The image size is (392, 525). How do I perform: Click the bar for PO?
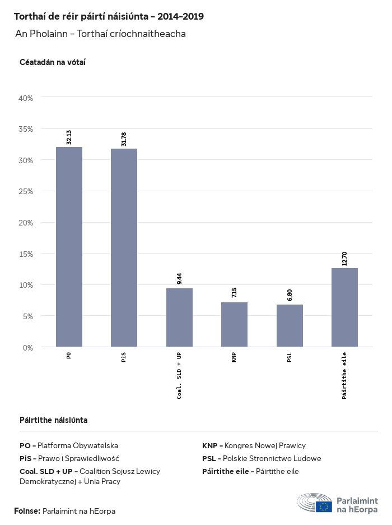[x=69, y=247]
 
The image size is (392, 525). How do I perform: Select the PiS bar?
[x=124, y=248]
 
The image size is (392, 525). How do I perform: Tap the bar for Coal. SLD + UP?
[x=179, y=317]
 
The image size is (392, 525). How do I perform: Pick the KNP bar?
[x=234, y=325]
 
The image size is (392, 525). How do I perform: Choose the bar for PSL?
[x=290, y=326]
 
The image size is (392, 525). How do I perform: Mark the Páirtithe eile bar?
[x=344, y=307]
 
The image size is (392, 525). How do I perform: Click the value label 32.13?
[x=69, y=137]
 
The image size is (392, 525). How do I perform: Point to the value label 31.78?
[x=124, y=139]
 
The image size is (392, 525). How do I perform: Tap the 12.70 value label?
[x=344, y=259]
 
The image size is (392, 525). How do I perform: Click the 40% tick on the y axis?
[x=26, y=98]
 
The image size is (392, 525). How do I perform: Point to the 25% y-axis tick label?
[x=26, y=191]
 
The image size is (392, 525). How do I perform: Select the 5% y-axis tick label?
[x=28, y=316]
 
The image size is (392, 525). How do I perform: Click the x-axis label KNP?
[x=234, y=358]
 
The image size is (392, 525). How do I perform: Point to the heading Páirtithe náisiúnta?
[x=53, y=420]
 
